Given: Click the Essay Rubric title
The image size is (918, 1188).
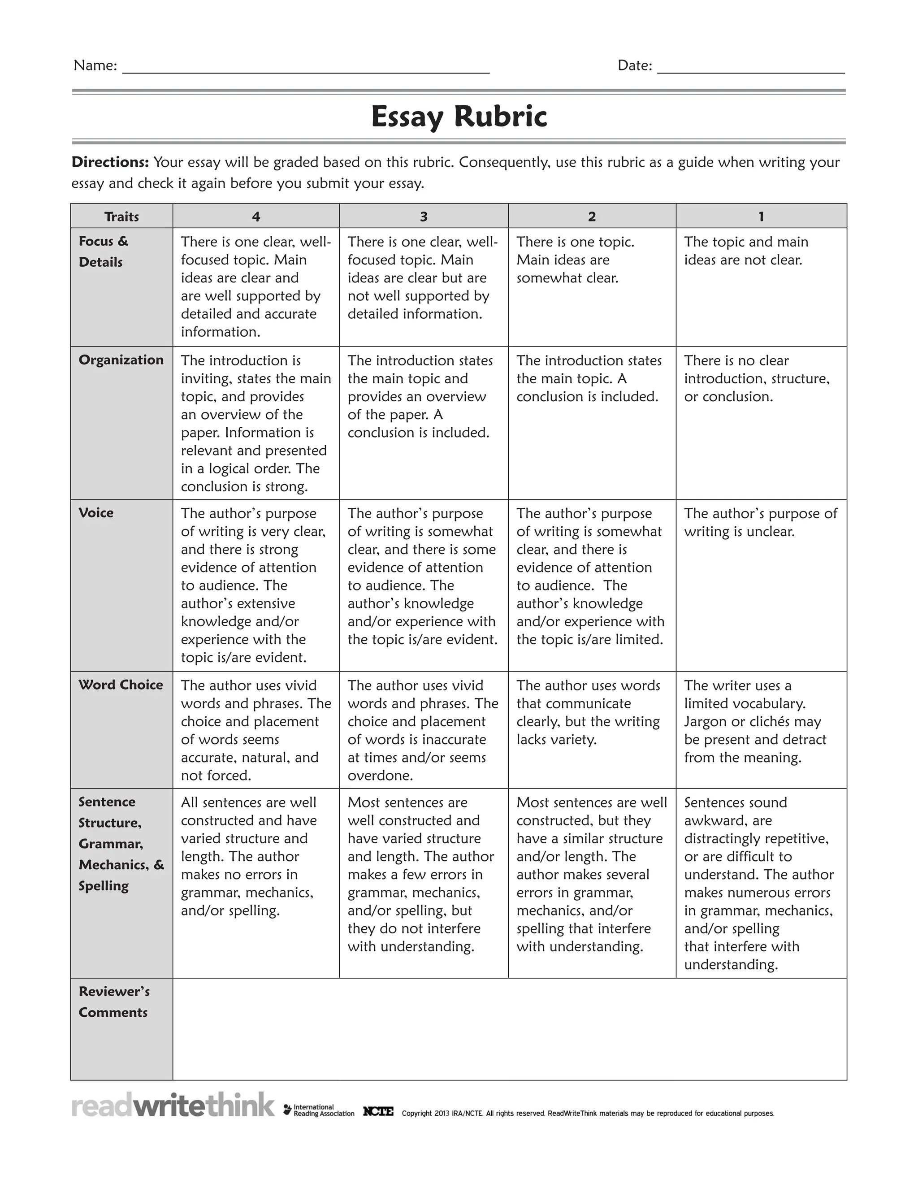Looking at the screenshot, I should tap(459, 117).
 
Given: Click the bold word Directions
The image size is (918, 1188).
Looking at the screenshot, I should tap(110, 162).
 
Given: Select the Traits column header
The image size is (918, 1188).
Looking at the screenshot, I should tap(121, 217).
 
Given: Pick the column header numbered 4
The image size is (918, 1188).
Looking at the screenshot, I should tap(255, 217).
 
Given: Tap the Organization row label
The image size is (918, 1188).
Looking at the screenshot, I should tap(121, 360).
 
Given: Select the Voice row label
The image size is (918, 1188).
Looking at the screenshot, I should tap(96, 513).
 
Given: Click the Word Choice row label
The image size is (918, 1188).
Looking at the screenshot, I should tap(120, 685).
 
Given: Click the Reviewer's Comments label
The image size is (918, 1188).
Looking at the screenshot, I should tap(114, 1002).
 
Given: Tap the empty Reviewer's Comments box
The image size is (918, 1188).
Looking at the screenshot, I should tap(509, 1028).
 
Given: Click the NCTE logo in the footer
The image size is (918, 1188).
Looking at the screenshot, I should tap(378, 1111).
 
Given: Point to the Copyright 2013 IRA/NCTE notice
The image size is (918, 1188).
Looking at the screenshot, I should tap(587, 1114).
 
